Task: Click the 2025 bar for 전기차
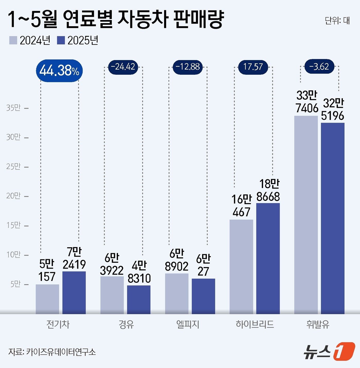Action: pyautogui.click(x=74, y=292)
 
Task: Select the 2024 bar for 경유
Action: pyautogui.click(x=112, y=295)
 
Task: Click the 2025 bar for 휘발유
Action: pyautogui.click(x=332, y=218)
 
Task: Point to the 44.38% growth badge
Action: pyautogui.click(x=59, y=71)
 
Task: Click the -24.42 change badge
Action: pyautogui.click(x=123, y=67)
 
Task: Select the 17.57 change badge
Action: pyautogui.click(x=253, y=67)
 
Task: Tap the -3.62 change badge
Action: pyautogui.click(x=319, y=67)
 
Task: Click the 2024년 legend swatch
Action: pyautogui.click(x=13, y=40)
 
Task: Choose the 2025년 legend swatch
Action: pyautogui.click(x=61, y=40)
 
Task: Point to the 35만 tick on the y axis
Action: pyautogui.click(x=13, y=108)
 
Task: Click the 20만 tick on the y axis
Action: pyautogui.click(x=13, y=196)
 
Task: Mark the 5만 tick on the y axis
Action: pyautogui.click(x=15, y=284)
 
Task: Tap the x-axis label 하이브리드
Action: pyautogui.click(x=255, y=324)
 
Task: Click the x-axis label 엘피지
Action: pyautogui.click(x=188, y=324)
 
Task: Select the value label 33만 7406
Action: pyautogui.click(x=307, y=102)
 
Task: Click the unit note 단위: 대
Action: pyautogui.click(x=337, y=21)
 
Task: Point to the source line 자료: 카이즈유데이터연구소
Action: pyautogui.click(x=52, y=352)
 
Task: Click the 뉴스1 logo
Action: pyautogui.click(x=329, y=351)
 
